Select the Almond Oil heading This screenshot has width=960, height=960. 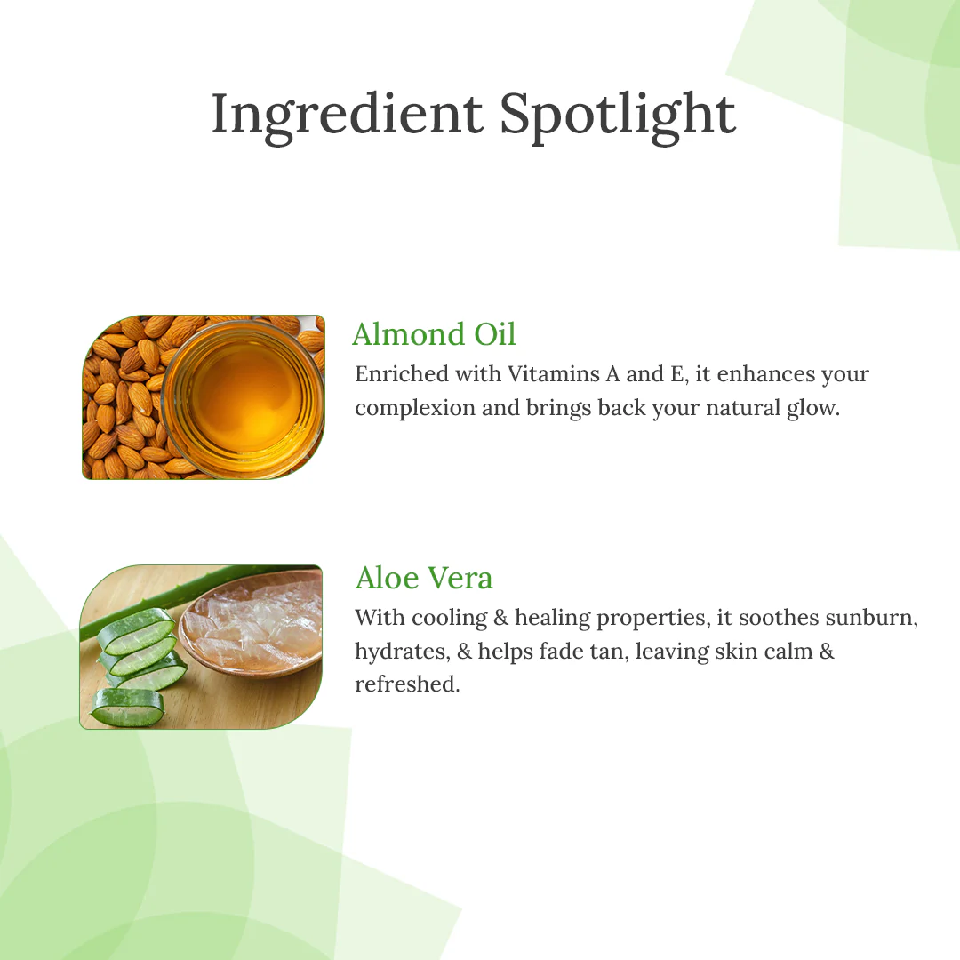point(434,334)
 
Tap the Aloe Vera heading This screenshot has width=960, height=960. point(424,578)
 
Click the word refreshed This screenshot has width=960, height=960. point(407,684)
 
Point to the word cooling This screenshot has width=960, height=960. point(450,618)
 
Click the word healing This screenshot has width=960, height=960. point(552,618)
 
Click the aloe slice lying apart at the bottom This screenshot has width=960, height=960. point(127,708)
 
